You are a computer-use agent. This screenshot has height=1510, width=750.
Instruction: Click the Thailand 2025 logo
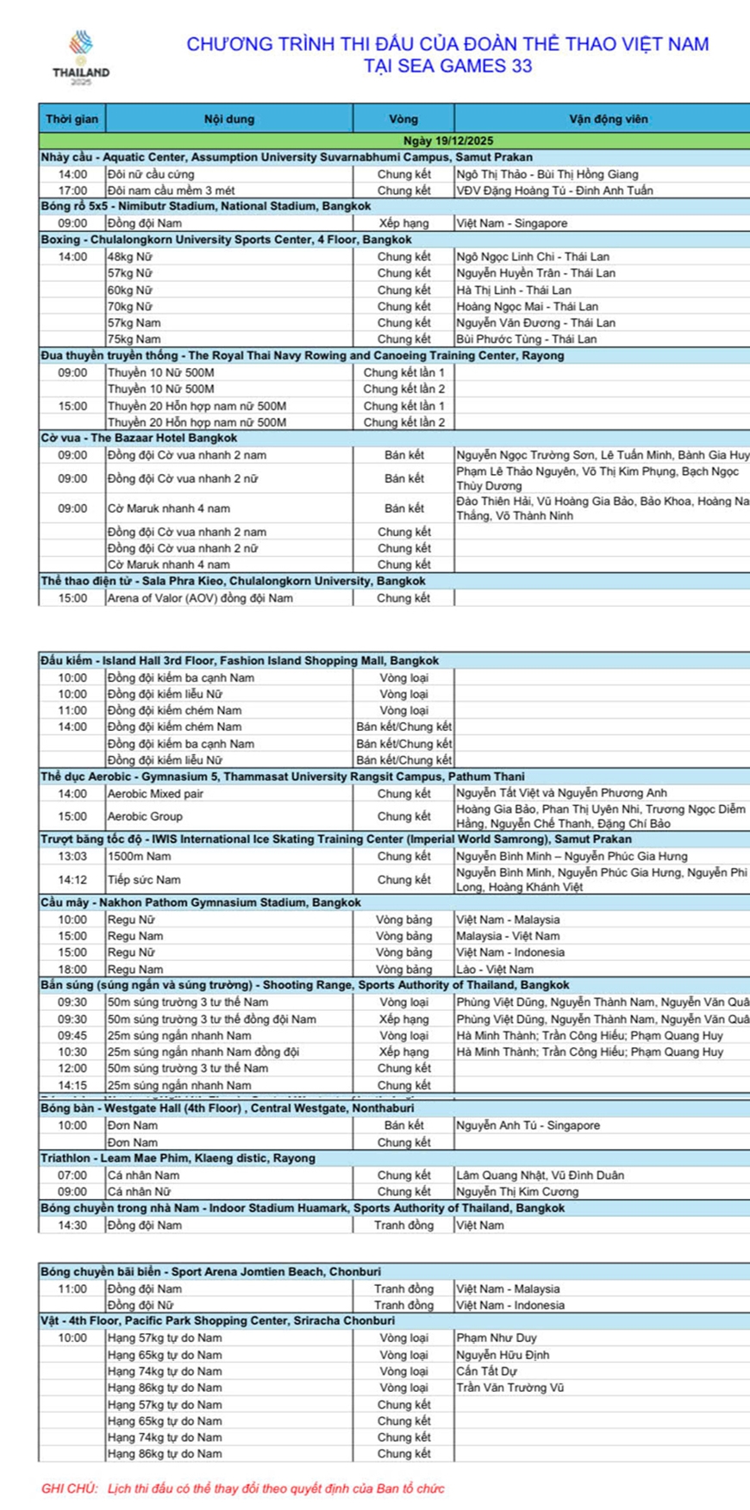tap(81, 57)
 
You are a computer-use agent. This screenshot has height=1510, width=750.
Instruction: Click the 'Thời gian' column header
tap(72, 119)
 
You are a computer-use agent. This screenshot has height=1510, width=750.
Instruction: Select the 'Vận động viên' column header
tap(608, 119)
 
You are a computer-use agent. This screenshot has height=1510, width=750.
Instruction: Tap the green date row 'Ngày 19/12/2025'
tap(448, 140)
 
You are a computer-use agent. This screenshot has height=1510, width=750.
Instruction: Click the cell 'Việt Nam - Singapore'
tap(512, 223)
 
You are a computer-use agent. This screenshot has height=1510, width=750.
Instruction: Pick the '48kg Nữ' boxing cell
tap(130, 257)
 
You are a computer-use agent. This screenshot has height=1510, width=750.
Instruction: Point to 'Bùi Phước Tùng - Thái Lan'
tap(527, 339)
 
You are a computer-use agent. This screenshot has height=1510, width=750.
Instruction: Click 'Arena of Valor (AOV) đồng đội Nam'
tap(200, 597)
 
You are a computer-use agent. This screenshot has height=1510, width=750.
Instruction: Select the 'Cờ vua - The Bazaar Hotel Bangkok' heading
tap(139, 438)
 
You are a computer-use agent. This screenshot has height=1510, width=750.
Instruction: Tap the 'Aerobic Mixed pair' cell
tap(156, 794)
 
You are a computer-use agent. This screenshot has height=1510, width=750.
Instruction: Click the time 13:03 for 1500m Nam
tap(72, 857)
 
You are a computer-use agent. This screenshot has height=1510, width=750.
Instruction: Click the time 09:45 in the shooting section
tap(72, 1036)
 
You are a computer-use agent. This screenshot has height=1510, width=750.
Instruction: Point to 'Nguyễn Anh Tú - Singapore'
tap(528, 1126)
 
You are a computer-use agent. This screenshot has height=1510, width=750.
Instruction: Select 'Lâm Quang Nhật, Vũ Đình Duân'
tap(541, 1176)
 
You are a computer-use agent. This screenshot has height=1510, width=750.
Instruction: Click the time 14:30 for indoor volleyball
tap(72, 1225)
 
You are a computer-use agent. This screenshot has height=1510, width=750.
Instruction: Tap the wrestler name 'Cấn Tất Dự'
tap(487, 1371)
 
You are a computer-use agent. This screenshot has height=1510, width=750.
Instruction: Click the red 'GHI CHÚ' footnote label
tap(70, 1488)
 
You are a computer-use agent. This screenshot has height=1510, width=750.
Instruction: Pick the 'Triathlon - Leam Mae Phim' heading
tap(178, 1158)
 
